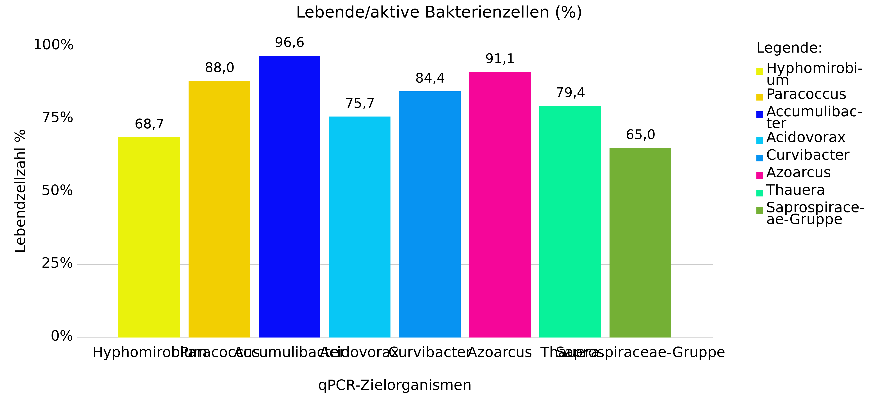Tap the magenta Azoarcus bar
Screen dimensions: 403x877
(x=500, y=204)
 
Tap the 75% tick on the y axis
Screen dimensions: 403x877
(x=57, y=118)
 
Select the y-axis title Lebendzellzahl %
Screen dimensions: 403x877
(x=20, y=191)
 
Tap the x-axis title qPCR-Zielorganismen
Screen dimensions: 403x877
(x=395, y=385)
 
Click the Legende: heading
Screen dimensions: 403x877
(x=789, y=48)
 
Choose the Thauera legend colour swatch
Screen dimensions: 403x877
(x=759, y=193)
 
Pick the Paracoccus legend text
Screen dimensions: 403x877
(x=806, y=94)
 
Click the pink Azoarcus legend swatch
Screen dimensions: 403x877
(x=759, y=175)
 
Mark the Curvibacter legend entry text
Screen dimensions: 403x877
(x=807, y=155)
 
